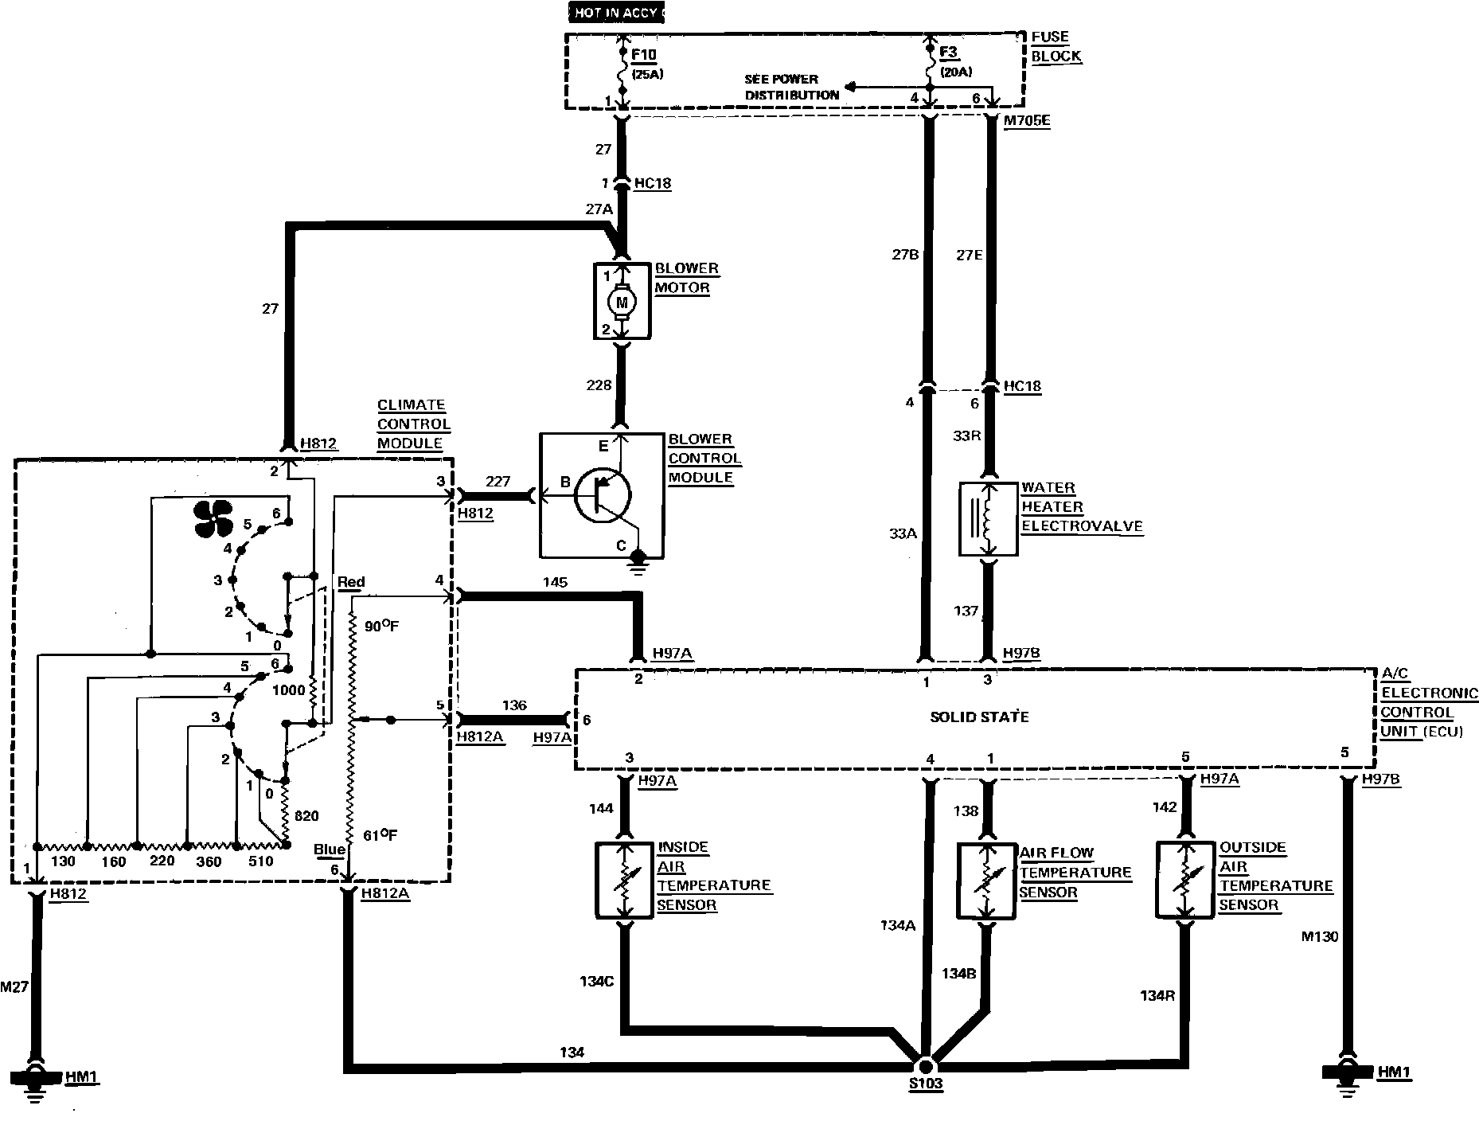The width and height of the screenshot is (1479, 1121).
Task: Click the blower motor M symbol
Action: tap(622, 303)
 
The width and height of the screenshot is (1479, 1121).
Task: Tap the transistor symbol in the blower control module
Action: tap(601, 495)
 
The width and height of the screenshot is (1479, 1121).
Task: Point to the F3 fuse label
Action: tap(949, 53)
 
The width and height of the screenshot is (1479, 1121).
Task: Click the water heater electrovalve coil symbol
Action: tap(989, 518)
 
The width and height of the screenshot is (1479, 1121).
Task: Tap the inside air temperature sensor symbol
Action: tap(626, 881)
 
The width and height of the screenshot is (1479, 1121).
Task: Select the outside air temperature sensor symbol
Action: tap(1184, 880)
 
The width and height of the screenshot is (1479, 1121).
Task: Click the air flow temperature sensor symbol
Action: tap(986, 881)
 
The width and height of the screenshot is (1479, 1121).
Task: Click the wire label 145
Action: tap(555, 582)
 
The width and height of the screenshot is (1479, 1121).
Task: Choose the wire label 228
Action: tap(599, 385)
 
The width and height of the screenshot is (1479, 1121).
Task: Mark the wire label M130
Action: tap(1320, 937)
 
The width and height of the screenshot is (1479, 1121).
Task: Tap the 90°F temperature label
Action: tap(381, 627)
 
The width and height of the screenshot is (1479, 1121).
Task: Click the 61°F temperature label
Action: tap(380, 834)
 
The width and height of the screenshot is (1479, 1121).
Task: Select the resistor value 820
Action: tap(306, 815)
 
